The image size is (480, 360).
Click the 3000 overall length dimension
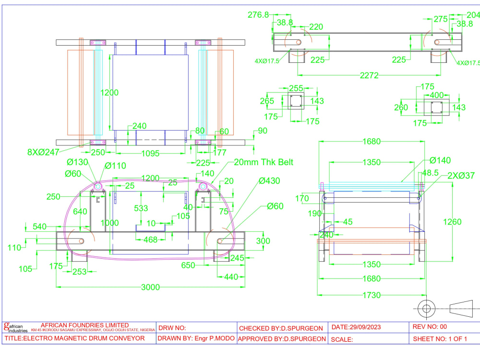(x=150, y=287)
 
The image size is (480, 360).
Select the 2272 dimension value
(x=370, y=75)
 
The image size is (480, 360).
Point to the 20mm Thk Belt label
(x=263, y=162)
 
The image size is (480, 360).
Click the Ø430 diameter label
(x=270, y=181)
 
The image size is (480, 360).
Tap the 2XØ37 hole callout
(x=461, y=176)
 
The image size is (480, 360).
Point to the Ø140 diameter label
(x=440, y=160)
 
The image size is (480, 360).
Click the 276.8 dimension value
(x=258, y=15)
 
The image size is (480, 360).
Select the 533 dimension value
(x=141, y=208)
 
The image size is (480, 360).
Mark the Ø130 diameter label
(x=78, y=162)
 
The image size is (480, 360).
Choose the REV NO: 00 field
(x=430, y=327)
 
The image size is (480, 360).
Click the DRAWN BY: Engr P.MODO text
(x=196, y=339)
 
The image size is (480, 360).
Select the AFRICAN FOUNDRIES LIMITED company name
(x=85, y=325)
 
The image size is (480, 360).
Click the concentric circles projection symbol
(x=426, y=307)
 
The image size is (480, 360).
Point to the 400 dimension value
(x=436, y=96)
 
